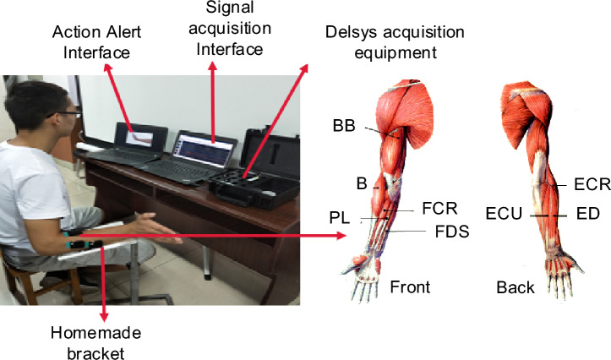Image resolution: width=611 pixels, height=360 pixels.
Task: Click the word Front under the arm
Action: pyautogui.click(x=411, y=287)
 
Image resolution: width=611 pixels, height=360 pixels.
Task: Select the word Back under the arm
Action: pyautogui.click(x=516, y=287)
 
